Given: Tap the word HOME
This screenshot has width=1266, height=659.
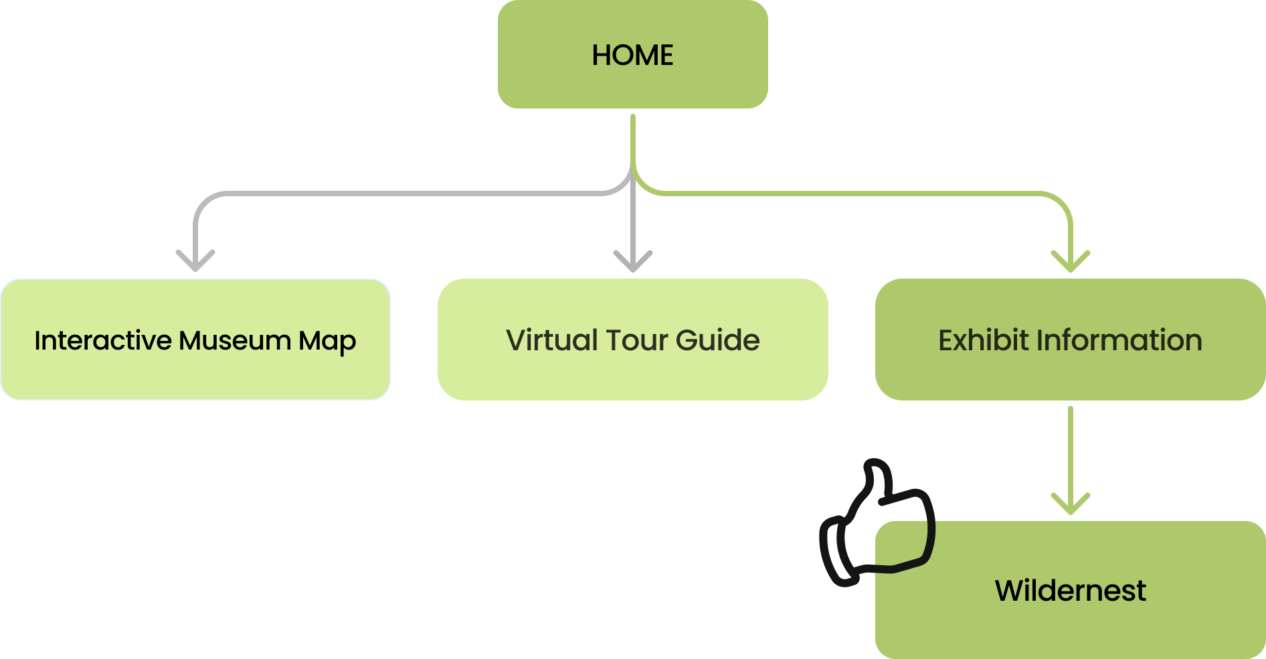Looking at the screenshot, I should pyautogui.click(x=632, y=55).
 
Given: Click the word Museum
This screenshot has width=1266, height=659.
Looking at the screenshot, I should pyautogui.click(x=234, y=340).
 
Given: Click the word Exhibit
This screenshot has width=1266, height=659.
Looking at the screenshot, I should pyautogui.click(x=983, y=340).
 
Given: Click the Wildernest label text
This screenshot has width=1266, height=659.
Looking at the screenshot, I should pyautogui.click(x=1070, y=591).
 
